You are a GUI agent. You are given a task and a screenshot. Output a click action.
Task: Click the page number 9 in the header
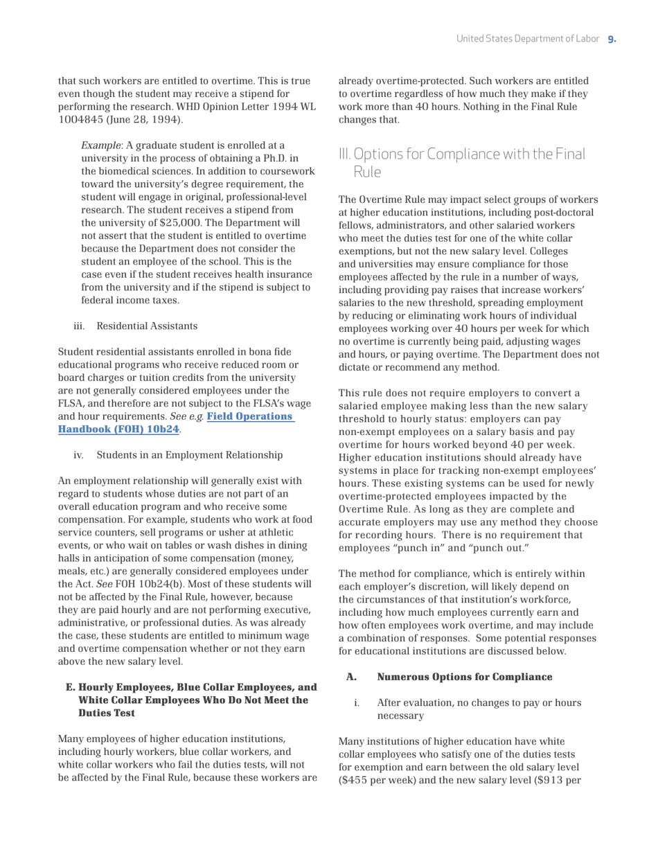(x=612, y=39)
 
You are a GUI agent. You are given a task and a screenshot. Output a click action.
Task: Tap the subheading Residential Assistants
(x=147, y=326)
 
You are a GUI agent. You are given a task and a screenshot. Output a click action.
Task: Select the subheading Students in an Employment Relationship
(x=189, y=455)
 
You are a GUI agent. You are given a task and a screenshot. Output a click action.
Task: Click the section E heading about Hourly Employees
(x=191, y=700)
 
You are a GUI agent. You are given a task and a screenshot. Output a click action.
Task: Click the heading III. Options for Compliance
(x=462, y=161)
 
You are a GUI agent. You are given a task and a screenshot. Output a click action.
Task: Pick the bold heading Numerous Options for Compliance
(x=464, y=677)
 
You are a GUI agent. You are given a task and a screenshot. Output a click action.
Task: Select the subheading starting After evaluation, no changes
(x=479, y=709)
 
